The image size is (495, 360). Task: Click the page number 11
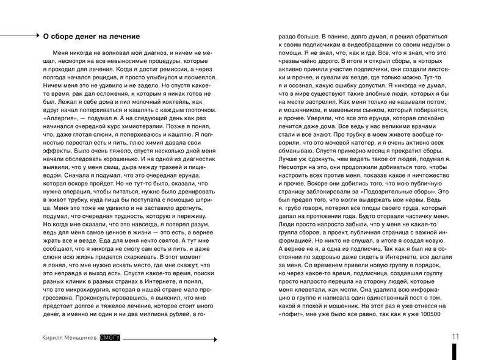pos(456,336)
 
